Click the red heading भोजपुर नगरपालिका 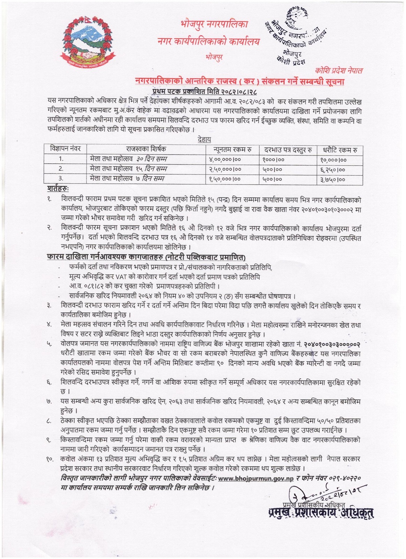214,25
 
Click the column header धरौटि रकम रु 339,150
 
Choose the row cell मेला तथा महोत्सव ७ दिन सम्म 127,179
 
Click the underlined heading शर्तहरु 58,189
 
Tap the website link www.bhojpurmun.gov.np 256,478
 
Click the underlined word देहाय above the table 204,139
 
